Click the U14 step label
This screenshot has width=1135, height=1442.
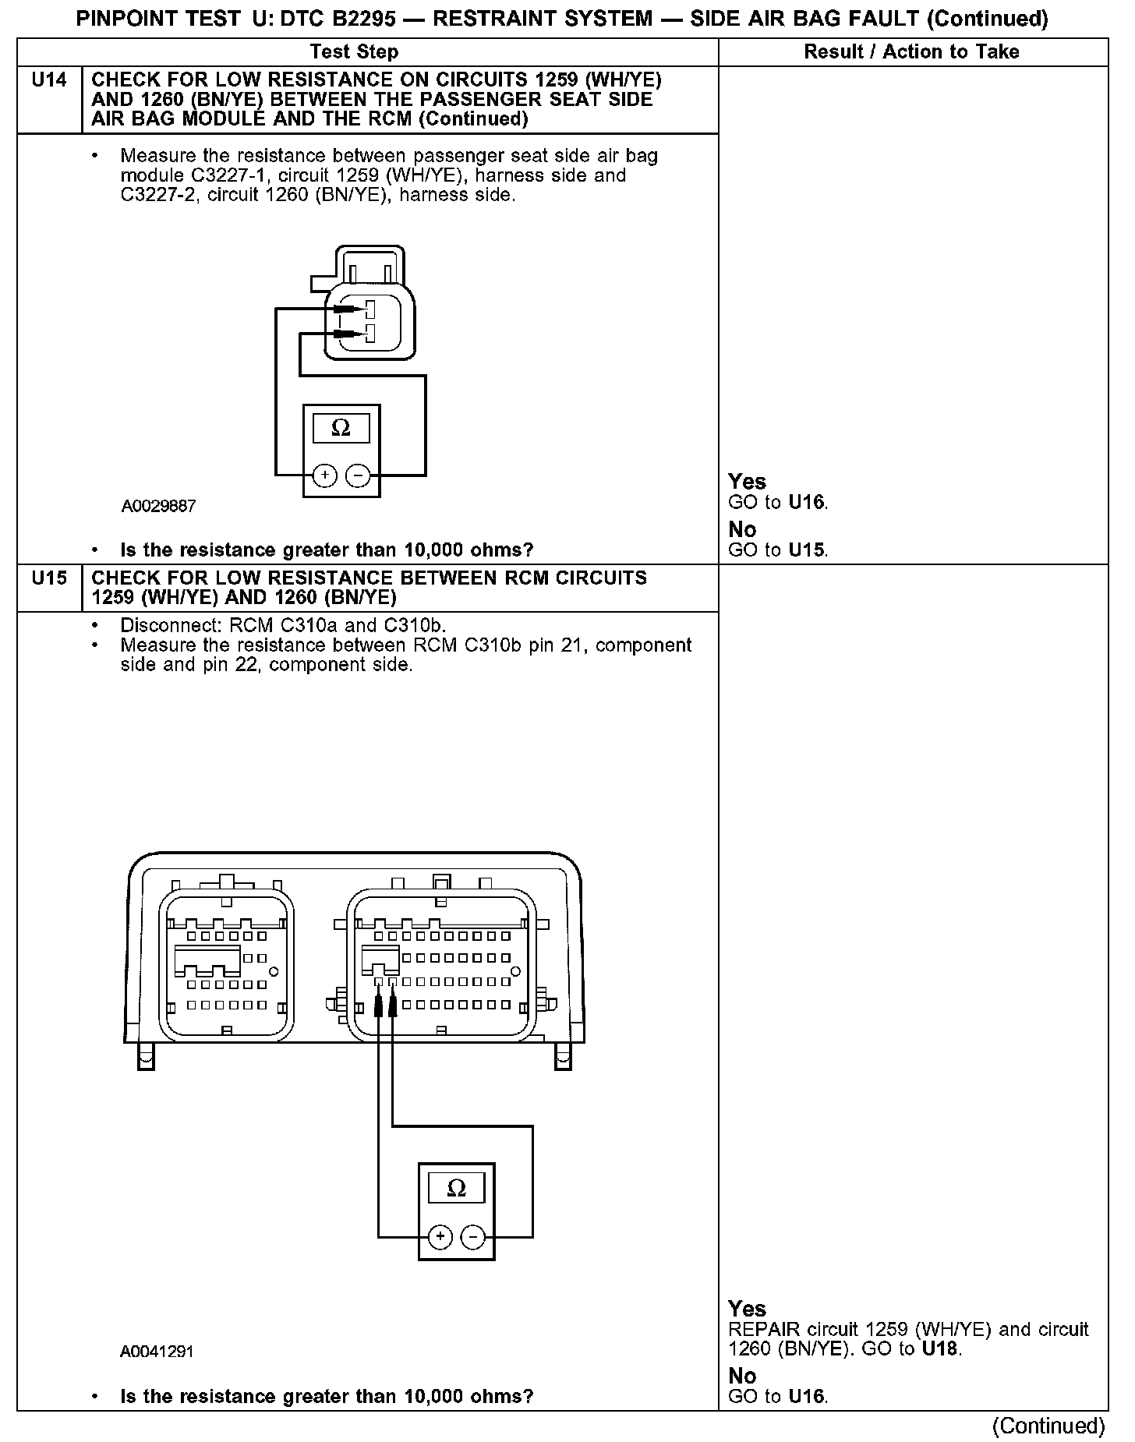tap(49, 80)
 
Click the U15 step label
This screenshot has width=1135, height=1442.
tap(49, 578)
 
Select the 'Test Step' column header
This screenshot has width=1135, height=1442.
tap(354, 52)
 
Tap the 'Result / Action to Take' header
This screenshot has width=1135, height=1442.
tap(911, 52)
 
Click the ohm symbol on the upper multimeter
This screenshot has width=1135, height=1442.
tap(341, 428)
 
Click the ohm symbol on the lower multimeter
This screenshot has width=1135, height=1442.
tap(456, 1188)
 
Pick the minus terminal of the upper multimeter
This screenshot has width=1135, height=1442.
tap(358, 475)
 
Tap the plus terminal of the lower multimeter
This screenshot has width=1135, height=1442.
tap(440, 1237)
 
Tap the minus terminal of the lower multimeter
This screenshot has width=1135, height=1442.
tap(473, 1237)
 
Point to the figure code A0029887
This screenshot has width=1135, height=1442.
tap(158, 507)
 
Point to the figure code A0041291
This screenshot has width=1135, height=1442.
tap(157, 1352)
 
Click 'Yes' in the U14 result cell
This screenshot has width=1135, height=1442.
tap(747, 482)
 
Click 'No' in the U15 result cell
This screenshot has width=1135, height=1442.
tap(742, 1375)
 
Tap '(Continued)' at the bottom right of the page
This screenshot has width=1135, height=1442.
tap(1048, 1425)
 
